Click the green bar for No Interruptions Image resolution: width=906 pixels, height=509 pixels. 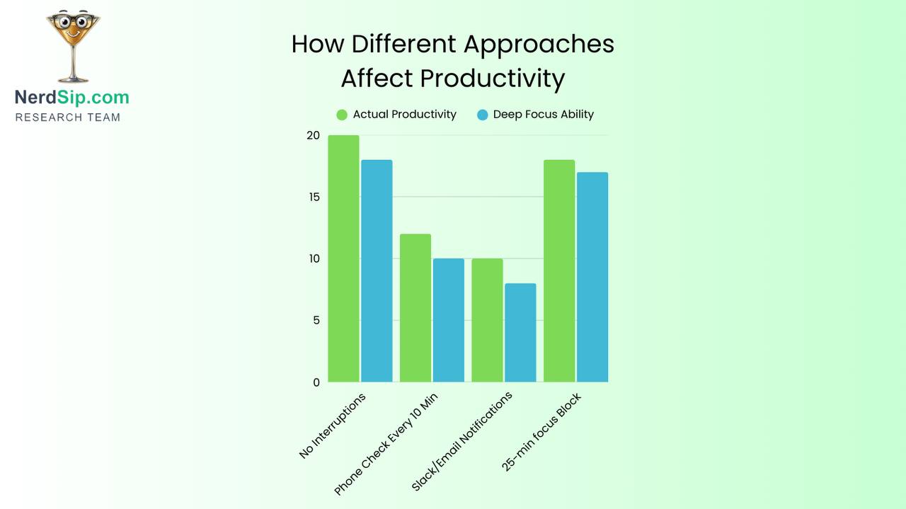343,258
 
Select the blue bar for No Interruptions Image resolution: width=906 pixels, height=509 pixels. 377,270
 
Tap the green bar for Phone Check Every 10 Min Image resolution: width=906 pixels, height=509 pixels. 415,308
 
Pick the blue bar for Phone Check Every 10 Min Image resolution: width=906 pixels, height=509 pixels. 449,320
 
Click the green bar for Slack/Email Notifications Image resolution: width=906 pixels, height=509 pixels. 487,320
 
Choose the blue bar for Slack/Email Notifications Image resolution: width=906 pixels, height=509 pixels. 520,333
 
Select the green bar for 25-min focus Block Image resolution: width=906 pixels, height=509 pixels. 559,270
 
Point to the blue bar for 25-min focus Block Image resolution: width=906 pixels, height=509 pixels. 592,277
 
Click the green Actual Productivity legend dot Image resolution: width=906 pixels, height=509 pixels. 342,115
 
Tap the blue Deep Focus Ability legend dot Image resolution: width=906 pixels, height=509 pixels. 483,115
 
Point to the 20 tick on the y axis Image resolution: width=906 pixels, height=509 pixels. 313,135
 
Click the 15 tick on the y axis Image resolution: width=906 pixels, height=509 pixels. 313,197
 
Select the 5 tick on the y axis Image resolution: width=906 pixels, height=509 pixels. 316,320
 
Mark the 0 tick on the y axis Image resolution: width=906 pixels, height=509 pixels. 316,382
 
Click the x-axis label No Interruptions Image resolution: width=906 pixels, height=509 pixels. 333,425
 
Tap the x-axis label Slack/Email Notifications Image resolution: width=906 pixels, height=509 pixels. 461,442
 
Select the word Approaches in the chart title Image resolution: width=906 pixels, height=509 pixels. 539,44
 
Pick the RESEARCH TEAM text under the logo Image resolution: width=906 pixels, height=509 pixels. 68,118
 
